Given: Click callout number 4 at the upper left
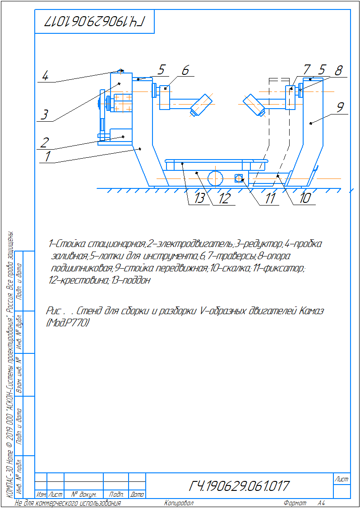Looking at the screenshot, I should point(45,75).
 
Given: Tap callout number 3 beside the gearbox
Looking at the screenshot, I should point(44,114).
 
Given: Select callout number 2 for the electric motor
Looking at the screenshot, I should point(44,142).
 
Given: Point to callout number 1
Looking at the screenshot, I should point(47,156).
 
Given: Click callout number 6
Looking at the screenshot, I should point(185,70).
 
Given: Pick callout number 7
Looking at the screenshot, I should point(307,69).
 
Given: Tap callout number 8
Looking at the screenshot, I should point(338,70).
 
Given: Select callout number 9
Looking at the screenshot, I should point(341,107).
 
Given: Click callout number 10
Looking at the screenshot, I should point(305,198).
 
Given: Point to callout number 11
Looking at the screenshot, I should point(270,199).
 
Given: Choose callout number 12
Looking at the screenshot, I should point(224,198).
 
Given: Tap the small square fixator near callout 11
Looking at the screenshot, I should point(239,178).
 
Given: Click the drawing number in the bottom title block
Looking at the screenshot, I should point(239,486).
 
